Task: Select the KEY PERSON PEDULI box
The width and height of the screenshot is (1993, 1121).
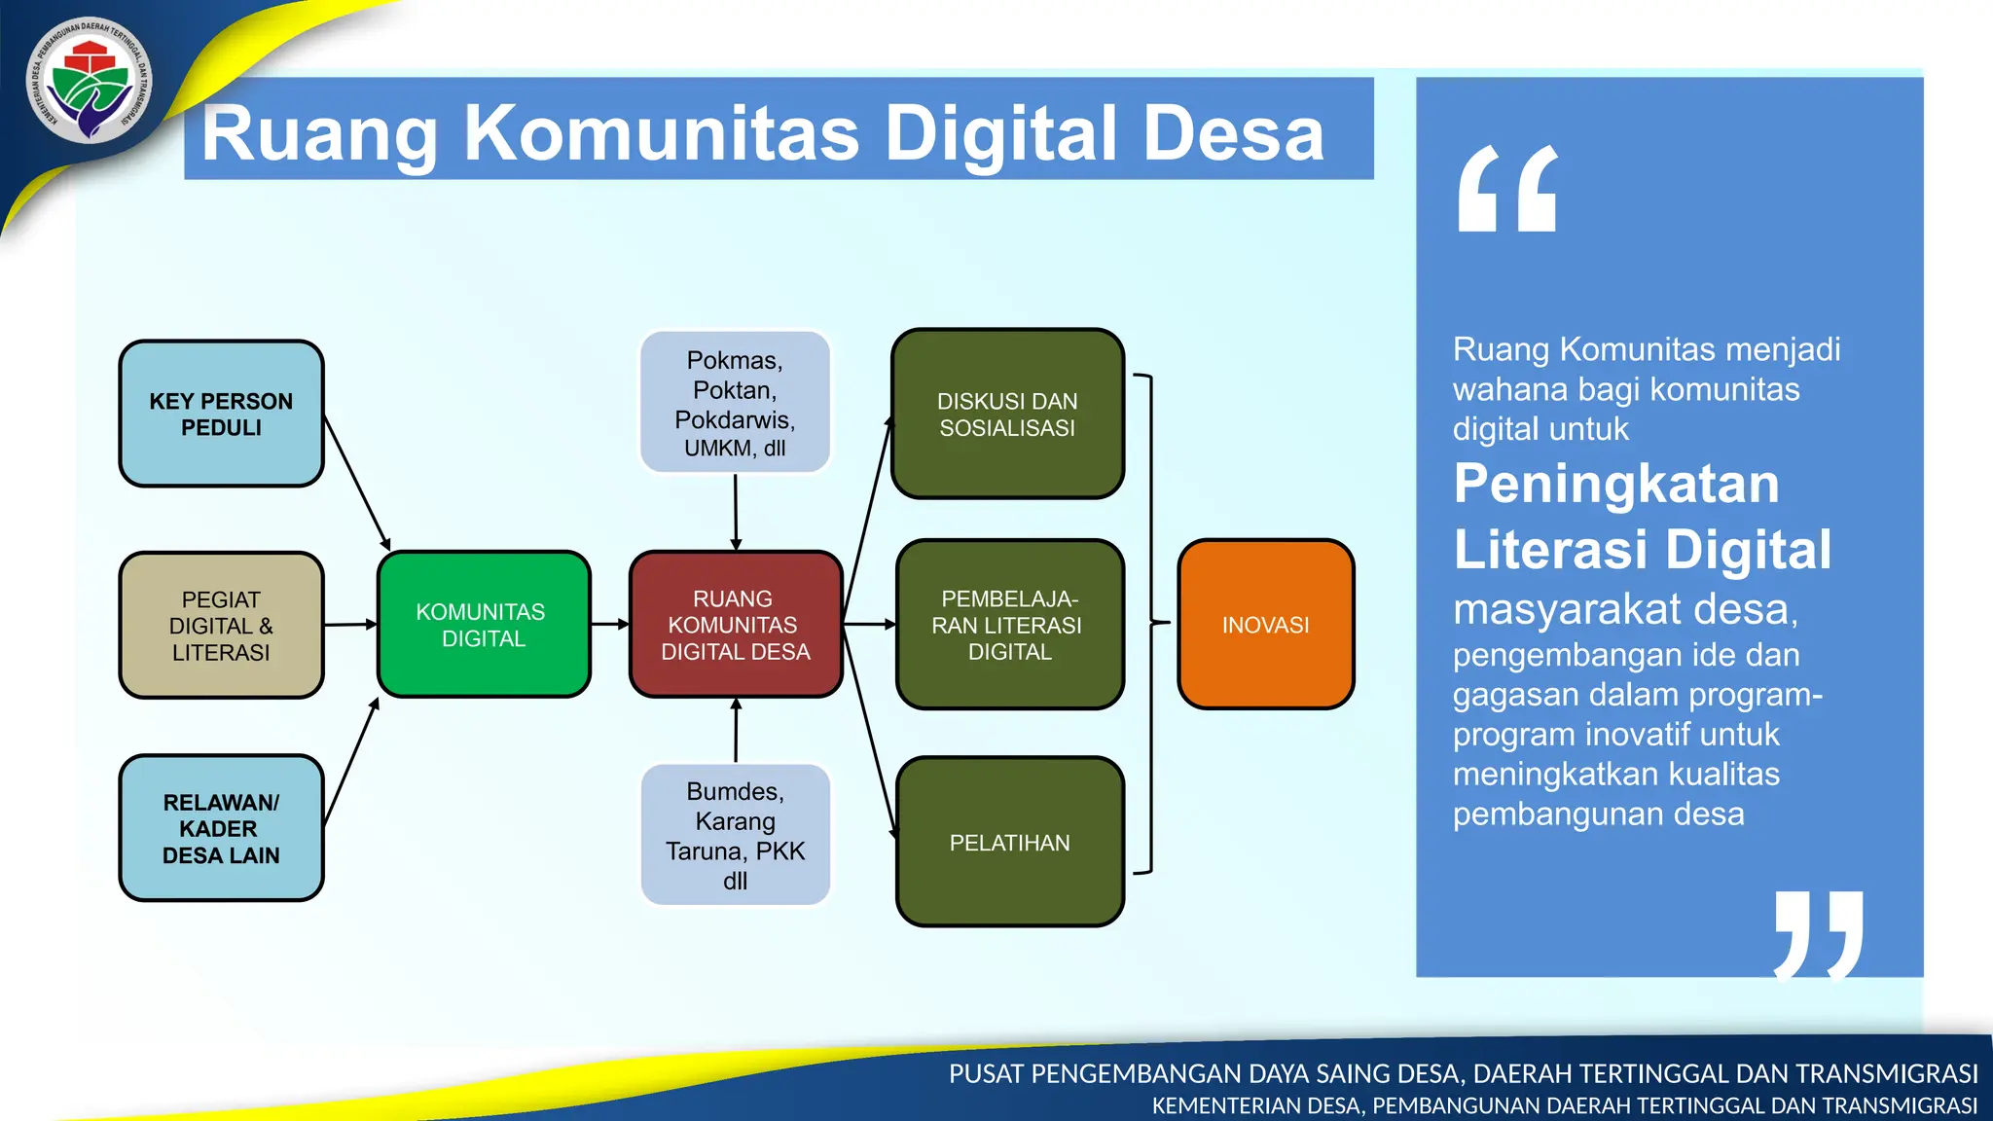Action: (221, 414)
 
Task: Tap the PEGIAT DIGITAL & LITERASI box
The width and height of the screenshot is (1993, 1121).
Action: (221, 626)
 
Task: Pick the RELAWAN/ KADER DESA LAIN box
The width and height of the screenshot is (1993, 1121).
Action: (221, 828)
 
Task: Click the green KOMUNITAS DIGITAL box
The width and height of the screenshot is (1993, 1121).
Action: (484, 625)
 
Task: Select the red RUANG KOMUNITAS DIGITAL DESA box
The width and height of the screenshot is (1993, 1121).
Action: (736, 625)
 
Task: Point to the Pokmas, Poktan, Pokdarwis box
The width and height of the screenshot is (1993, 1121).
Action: (735, 402)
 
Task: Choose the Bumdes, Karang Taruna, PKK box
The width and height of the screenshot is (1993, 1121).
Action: (736, 835)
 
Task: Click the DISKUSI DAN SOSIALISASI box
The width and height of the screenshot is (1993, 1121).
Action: (1008, 415)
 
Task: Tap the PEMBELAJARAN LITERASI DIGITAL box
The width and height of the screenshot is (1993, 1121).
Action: (1009, 625)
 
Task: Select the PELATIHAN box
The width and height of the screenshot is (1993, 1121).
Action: (1009, 843)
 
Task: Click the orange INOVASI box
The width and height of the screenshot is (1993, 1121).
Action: (1265, 625)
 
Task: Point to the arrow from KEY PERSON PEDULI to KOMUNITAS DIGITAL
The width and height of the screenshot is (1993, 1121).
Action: (357, 483)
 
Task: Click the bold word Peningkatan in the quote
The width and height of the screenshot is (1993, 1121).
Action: (1615, 484)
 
